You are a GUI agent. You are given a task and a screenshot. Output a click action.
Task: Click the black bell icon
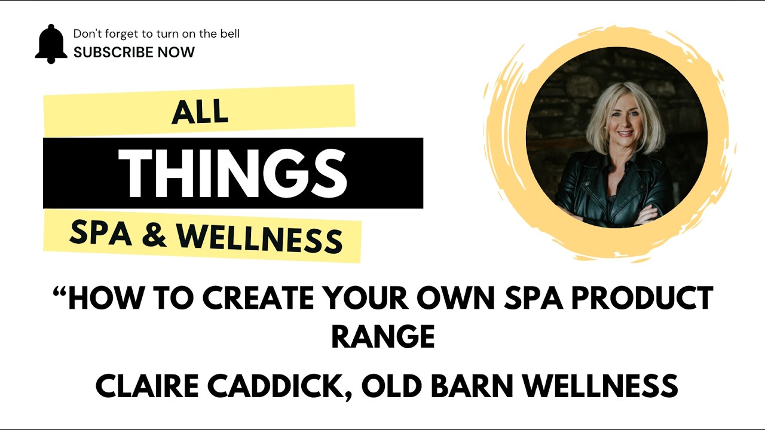pos(51,44)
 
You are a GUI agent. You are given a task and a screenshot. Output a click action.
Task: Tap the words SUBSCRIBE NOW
pos(134,53)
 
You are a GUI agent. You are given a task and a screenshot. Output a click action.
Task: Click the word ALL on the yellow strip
pos(200,112)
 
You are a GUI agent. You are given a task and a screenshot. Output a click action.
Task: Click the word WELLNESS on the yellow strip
pos(260,238)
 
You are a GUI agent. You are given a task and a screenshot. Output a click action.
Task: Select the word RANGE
pos(382,337)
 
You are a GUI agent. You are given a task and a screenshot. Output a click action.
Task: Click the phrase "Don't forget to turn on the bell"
pos(156,34)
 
